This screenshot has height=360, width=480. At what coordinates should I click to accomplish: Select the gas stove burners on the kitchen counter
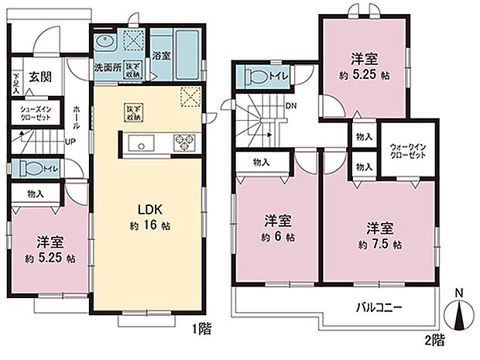click(x=186, y=142)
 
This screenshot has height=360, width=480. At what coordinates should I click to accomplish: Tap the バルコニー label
click(x=379, y=307)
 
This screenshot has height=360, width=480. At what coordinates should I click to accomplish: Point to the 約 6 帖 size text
click(x=277, y=238)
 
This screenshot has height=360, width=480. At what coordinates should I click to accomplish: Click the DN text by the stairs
click(x=290, y=105)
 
